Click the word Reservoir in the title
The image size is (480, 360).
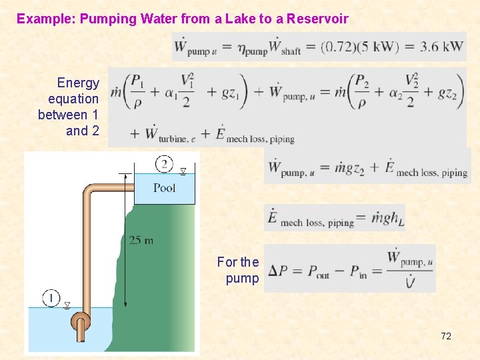[317, 19]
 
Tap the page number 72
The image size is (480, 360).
[446, 336]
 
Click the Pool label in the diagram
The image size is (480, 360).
[164, 188]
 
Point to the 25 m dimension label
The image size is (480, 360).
[141, 241]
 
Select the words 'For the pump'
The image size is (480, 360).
[238, 270]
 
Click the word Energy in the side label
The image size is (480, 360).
[78, 83]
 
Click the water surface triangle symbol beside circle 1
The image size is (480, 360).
[67, 305]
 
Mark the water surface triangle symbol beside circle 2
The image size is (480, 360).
[183, 172]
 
